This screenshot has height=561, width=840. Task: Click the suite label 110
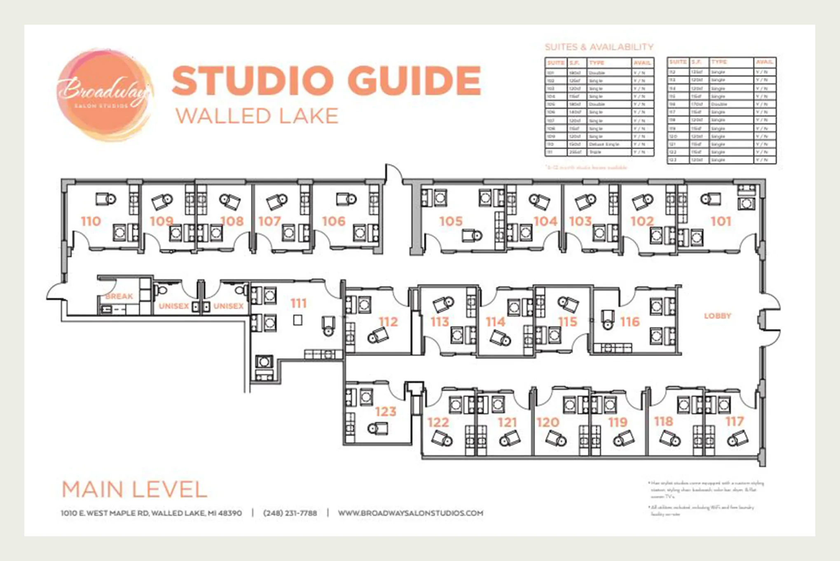pos(91,221)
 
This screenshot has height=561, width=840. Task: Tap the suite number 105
pos(451,221)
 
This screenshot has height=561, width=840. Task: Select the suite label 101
pos(721,221)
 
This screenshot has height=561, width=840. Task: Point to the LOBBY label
pos(717,316)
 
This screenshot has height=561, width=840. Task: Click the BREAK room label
pos(119,296)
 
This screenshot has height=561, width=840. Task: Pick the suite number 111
pos(299,303)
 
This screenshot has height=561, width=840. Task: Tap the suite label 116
pos(630,321)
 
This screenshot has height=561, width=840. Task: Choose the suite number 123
pos(386,411)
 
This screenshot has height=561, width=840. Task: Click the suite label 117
pos(735,421)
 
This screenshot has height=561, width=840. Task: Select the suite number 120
pos(548,422)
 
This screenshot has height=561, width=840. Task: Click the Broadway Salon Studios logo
pos(105,95)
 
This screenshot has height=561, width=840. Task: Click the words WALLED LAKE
pos(257,116)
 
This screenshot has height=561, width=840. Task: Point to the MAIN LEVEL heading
pos(134,489)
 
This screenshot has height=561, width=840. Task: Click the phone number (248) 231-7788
pos(290,513)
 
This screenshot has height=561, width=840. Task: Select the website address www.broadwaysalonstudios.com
pos(410,513)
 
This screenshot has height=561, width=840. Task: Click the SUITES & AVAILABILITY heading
pos(599,47)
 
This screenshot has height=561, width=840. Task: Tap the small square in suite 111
pos(297,320)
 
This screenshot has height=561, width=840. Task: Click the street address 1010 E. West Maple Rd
pos(151,513)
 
